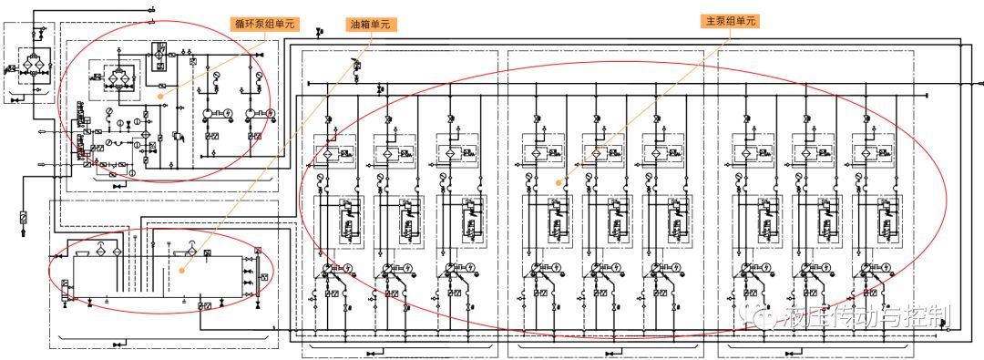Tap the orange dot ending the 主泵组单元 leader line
pos(558,182)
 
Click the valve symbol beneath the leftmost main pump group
pos(372,352)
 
